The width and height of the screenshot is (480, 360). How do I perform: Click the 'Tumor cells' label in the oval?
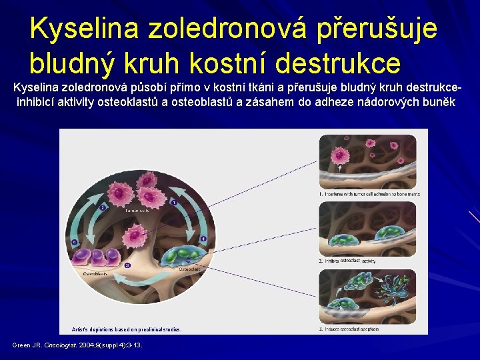(137, 210)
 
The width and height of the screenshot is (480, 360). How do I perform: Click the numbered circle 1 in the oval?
(173, 202)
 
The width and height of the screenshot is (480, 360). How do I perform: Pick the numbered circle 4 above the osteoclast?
(203, 239)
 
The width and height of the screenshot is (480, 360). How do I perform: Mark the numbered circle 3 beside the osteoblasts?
(75, 241)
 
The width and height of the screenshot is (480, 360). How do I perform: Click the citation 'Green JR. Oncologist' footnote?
(77, 345)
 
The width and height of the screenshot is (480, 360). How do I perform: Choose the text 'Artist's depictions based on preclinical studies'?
(126, 329)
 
